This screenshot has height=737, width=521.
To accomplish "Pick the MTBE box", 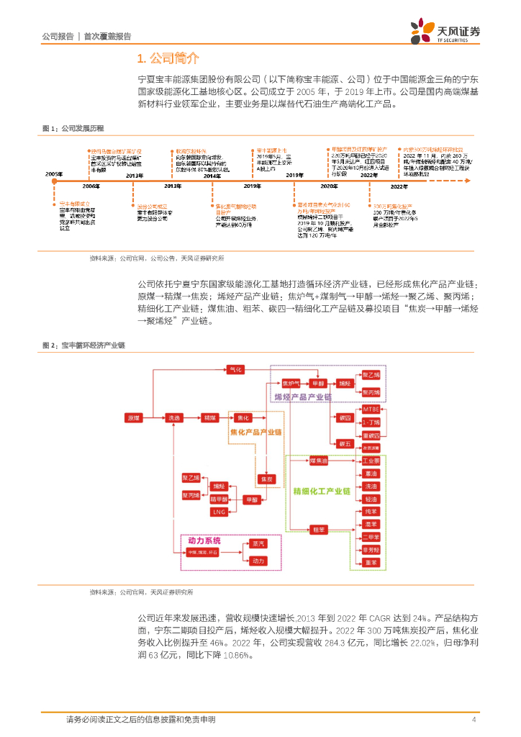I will click(x=370, y=409).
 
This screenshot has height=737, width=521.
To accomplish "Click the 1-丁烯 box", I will click(x=370, y=422).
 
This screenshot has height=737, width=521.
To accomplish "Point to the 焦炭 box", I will click(x=266, y=479).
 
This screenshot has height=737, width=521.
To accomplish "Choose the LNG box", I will click(x=219, y=511).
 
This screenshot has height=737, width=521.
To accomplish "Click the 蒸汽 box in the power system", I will click(x=258, y=545).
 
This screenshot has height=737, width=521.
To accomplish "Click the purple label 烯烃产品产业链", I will click(x=302, y=397).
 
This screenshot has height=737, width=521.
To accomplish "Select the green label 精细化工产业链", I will click(x=321, y=491).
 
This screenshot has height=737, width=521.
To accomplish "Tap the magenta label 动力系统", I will click(x=204, y=540).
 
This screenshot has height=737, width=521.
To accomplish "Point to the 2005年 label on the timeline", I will click(x=54, y=175).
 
